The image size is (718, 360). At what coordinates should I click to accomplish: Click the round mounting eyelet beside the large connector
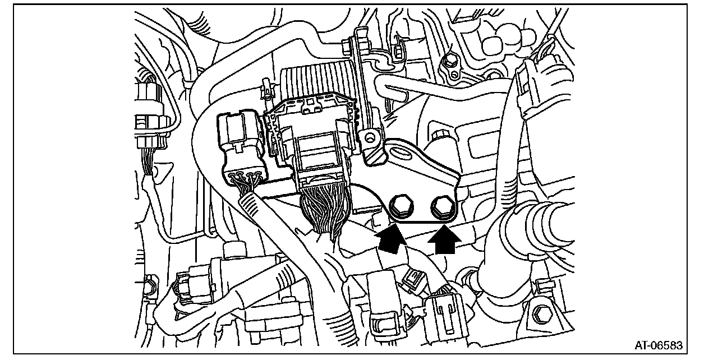point(369,136)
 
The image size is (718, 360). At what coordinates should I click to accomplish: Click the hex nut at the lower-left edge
point(149,285)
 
